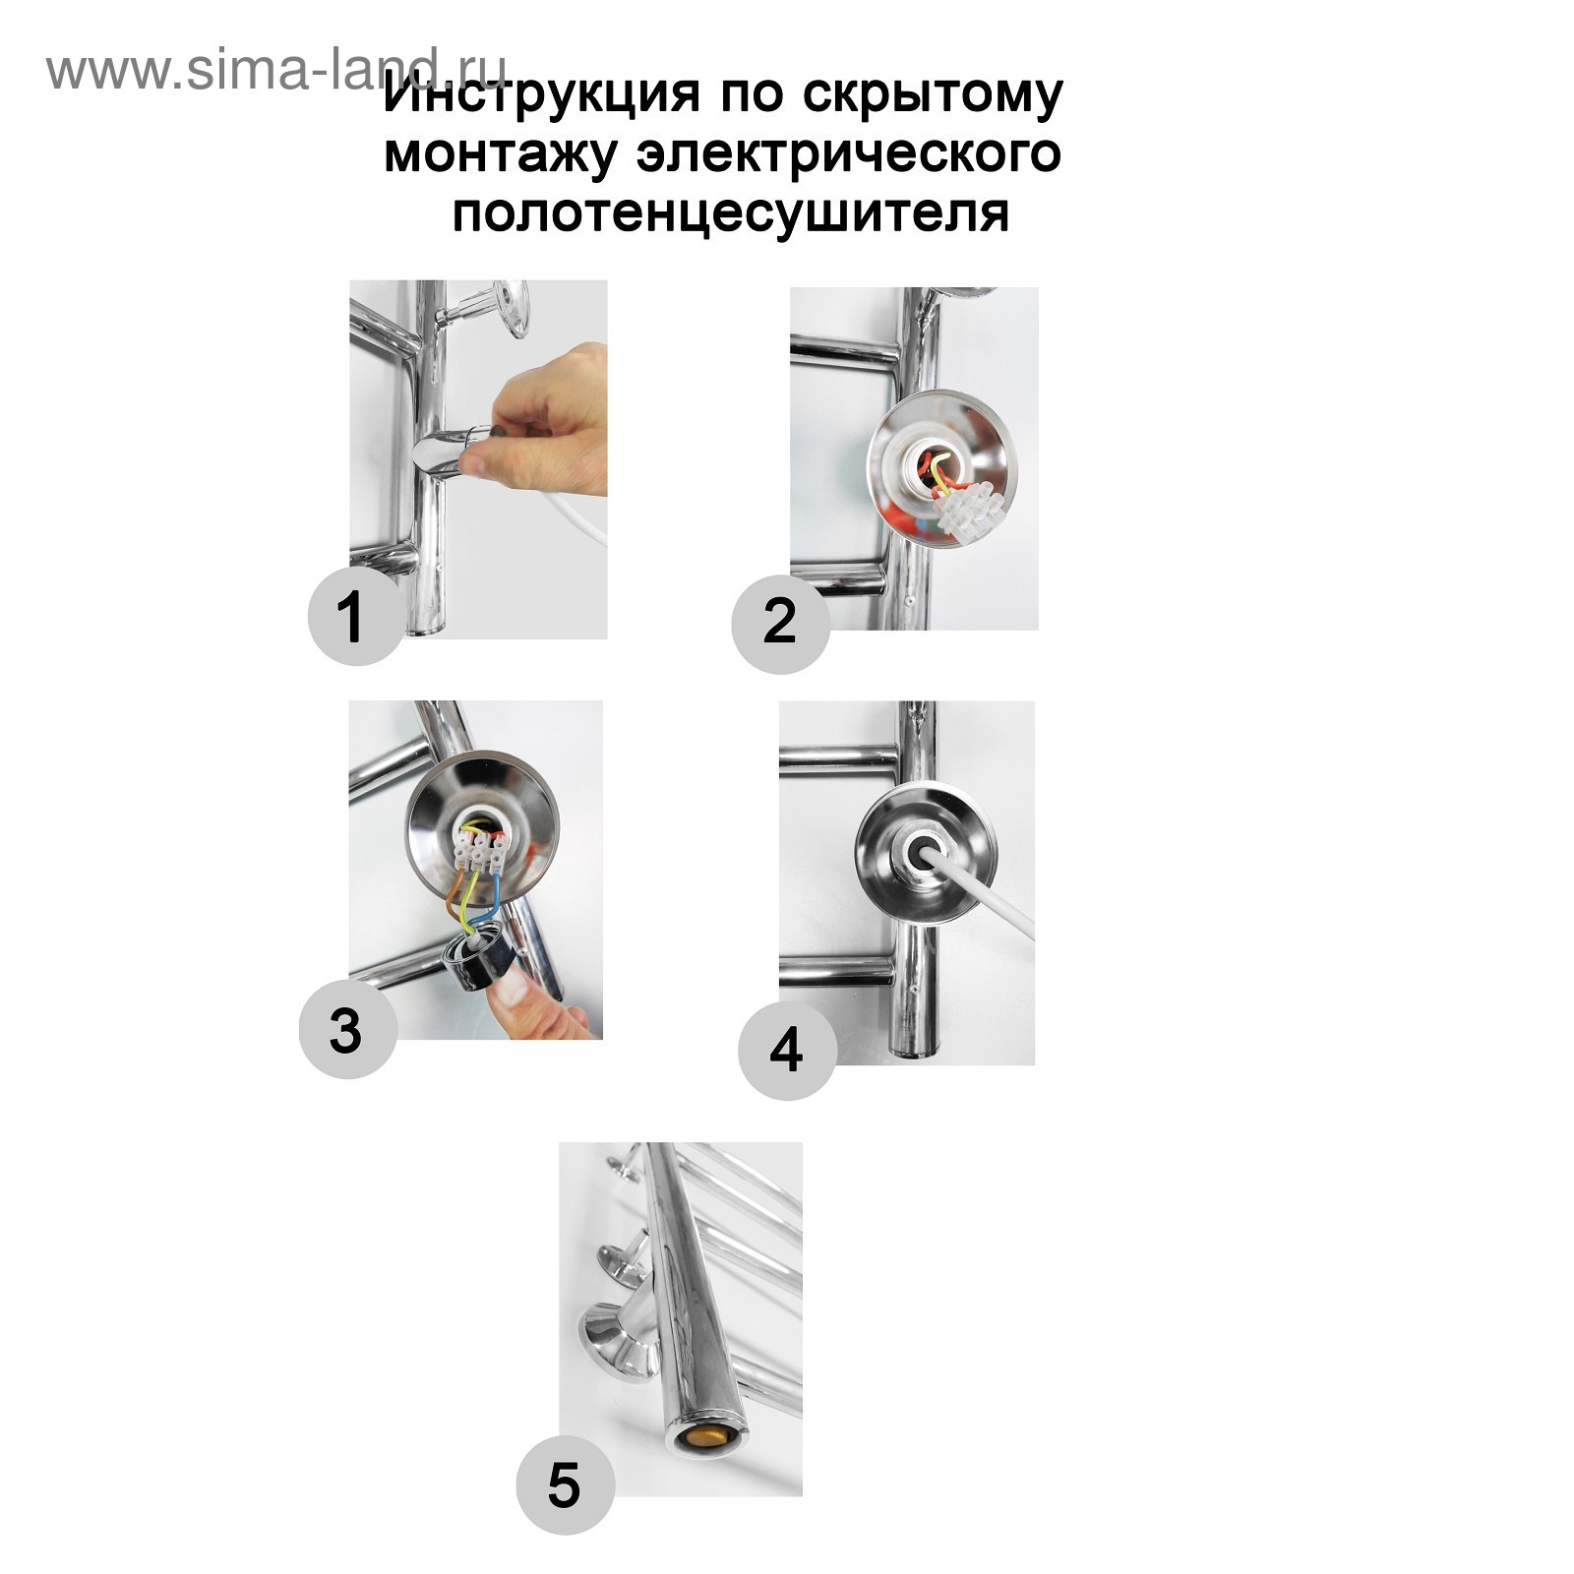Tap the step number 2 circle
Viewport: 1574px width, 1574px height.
pyautogui.click(x=780, y=624)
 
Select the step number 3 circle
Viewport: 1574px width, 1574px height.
pyautogui.click(x=347, y=1030)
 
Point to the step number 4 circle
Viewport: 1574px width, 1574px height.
pyautogui.click(x=787, y=1050)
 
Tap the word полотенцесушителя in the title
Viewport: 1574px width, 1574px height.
pyautogui.click(x=731, y=213)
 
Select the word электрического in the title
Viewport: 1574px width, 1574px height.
pyautogui.click(x=848, y=153)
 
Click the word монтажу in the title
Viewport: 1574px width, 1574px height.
pyautogui.click(x=503, y=155)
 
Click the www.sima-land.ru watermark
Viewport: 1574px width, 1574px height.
pyautogui.click(x=277, y=69)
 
